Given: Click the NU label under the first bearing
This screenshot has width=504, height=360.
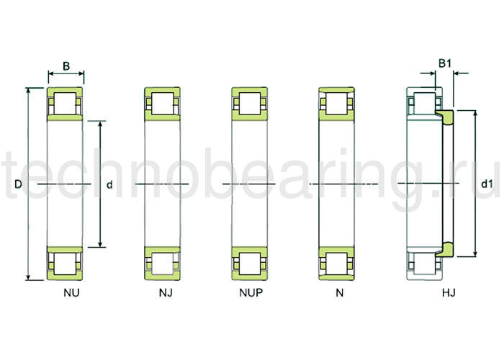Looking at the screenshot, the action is click(x=71, y=292).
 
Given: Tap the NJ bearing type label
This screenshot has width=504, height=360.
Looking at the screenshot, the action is click(x=166, y=292).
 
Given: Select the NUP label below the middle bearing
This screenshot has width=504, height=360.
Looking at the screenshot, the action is click(x=251, y=292).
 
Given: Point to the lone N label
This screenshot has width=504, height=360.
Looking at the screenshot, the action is click(x=340, y=292).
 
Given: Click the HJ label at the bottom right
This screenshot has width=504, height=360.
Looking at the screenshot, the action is click(x=449, y=292).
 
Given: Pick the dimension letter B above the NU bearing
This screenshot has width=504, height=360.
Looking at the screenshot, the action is click(x=66, y=66).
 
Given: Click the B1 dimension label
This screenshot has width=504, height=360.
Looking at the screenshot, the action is click(x=445, y=63).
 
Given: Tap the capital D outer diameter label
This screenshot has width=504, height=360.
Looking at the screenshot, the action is click(x=18, y=184).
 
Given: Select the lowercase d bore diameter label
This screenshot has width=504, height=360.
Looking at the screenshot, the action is click(x=109, y=184).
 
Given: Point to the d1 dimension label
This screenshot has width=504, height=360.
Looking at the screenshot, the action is click(x=487, y=184).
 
